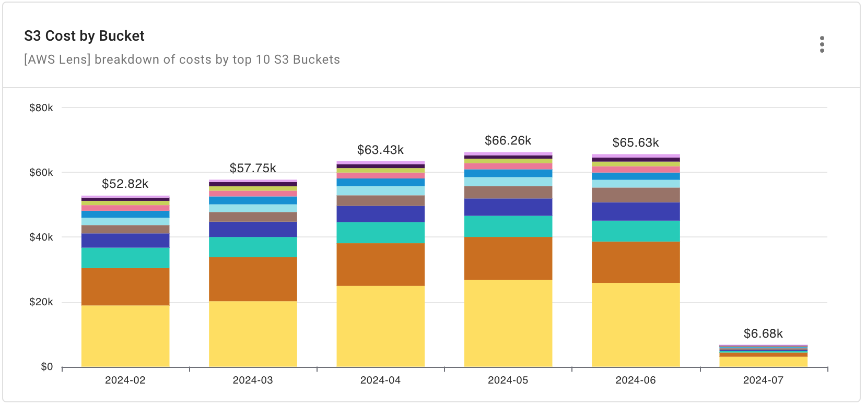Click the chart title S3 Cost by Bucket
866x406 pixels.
[x=84, y=36]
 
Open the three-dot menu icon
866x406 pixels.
[x=822, y=44]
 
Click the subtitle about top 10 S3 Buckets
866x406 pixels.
[x=182, y=59]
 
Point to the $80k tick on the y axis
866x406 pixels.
[x=41, y=108]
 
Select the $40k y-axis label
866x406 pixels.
[x=41, y=237]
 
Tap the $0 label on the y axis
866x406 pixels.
[x=47, y=367]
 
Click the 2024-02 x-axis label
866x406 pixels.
[x=125, y=380]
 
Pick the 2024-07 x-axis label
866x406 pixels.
[x=763, y=380]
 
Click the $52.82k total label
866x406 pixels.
[x=125, y=184]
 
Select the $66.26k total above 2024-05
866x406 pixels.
[x=508, y=141]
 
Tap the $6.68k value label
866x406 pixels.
[x=763, y=334]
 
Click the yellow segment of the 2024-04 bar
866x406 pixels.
[x=380, y=326]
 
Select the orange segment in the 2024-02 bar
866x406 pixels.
[x=125, y=286]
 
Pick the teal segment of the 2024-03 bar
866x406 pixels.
[x=253, y=247]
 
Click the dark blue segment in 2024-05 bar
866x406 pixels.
[x=508, y=207]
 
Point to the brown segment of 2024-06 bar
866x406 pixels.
[x=636, y=195]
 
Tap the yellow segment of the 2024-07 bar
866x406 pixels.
[x=763, y=362]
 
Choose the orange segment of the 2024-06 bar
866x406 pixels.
[x=636, y=262]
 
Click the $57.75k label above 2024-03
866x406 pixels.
[x=253, y=169]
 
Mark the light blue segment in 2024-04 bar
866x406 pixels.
[x=380, y=190]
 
